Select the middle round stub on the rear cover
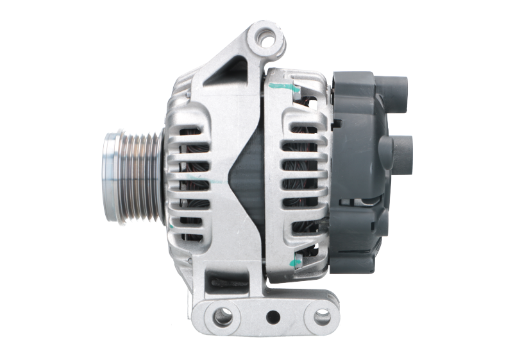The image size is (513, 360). [x=401, y=151]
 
